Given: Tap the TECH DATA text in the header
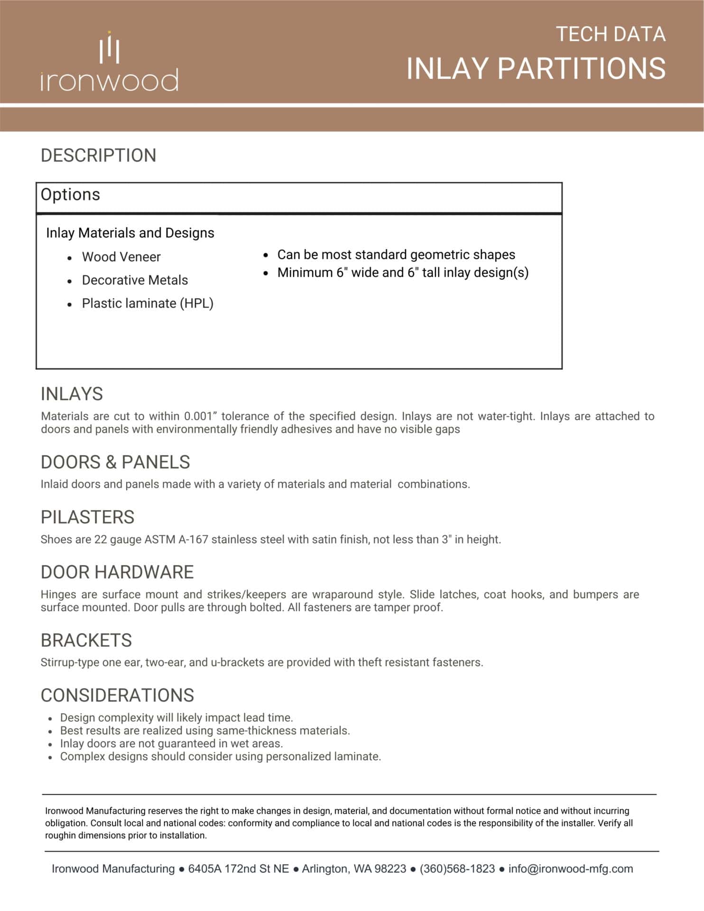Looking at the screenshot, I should click(610, 34).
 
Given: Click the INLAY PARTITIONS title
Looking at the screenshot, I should click(536, 68).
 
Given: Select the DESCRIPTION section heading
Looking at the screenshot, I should click(98, 156).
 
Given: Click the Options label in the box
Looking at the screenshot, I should click(70, 195).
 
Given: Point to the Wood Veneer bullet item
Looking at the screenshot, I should click(121, 257).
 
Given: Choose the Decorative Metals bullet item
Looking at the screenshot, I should click(135, 280).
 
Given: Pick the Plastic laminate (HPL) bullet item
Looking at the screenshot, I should click(148, 303).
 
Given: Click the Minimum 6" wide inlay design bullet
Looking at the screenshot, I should click(402, 273).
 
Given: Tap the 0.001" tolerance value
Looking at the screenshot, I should click(200, 416).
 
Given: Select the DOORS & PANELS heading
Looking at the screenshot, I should click(115, 462).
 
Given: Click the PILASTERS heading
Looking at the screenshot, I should click(87, 517).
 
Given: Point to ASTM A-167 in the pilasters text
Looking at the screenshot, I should click(176, 539).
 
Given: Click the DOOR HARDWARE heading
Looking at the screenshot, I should click(117, 572).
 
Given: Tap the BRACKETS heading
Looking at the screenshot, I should click(86, 641).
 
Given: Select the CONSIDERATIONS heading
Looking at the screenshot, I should click(117, 696).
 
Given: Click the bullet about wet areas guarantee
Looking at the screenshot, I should click(171, 744).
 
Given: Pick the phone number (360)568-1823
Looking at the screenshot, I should click(457, 869).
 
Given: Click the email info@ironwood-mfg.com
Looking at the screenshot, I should click(570, 869).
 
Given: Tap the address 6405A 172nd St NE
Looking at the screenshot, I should click(238, 869).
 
